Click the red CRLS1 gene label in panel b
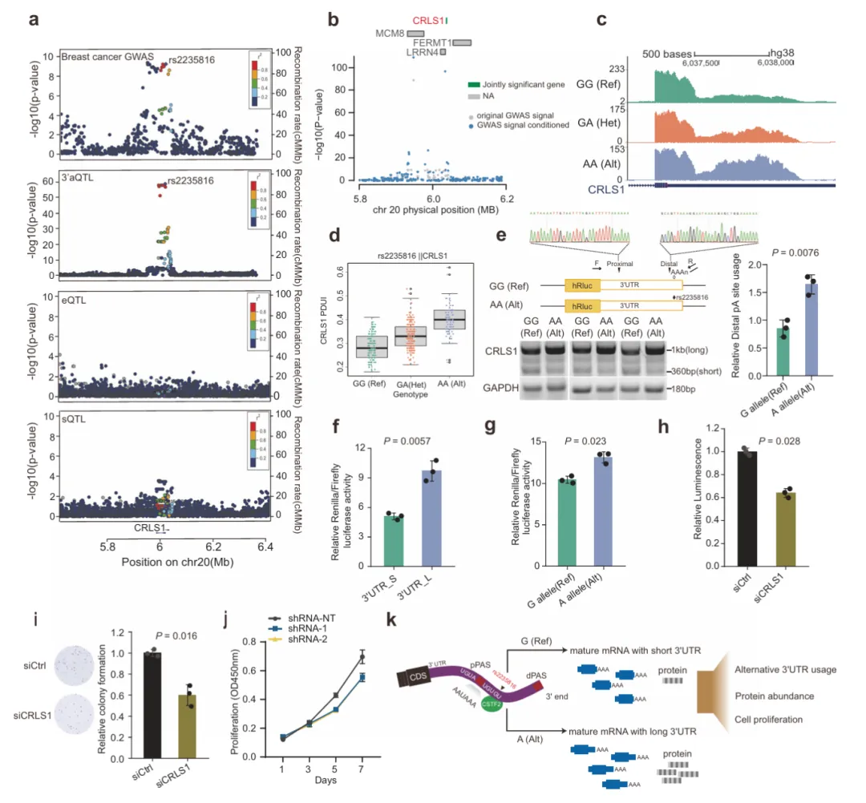point(428,20)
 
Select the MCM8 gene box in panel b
point(415,33)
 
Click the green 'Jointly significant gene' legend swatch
point(475,83)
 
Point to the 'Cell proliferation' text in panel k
point(768,719)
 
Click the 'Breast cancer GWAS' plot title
point(97,58)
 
